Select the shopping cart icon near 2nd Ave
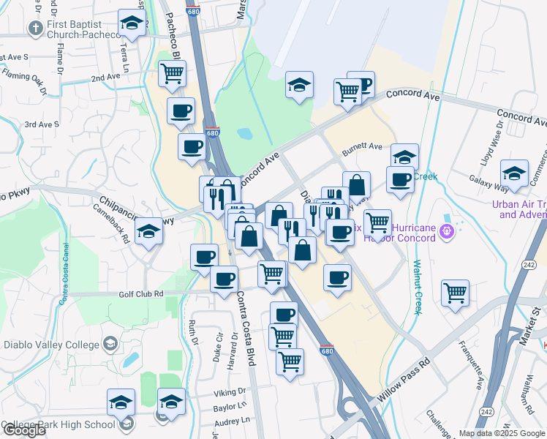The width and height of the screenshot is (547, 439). pos(172,73)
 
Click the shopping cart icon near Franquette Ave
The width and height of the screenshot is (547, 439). pos(455,293)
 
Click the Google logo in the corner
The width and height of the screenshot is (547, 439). pos(23,429)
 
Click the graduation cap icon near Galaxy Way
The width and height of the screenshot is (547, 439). pos(515,173)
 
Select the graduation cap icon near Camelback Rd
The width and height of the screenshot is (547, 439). pos(149,232)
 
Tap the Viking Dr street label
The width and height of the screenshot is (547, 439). pos(230,393)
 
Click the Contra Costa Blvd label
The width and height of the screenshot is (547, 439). pos(249,321)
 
